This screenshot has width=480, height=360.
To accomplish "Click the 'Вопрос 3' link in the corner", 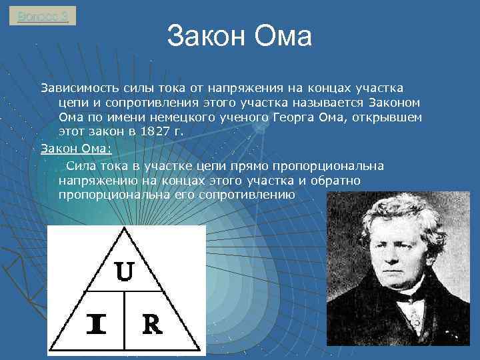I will [x=43, y=15].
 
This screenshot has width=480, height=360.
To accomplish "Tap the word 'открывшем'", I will [x=391, y=117].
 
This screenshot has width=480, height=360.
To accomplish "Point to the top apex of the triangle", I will [x=124, y=229].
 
